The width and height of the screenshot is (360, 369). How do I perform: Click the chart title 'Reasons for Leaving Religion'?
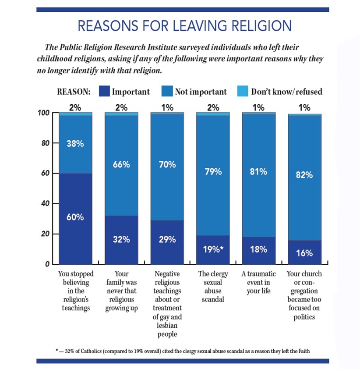(184, 26)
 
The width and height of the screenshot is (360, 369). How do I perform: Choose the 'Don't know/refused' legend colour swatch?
(243, 92)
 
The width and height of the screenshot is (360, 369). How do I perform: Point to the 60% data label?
(75, 218)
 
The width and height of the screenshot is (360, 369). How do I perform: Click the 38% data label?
(75, 143)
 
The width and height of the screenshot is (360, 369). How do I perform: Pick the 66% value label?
(121, 164)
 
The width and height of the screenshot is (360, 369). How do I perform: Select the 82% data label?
(304, 174)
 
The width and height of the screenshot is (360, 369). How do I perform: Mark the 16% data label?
(304, 253)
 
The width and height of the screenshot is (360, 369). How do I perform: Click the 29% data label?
(167, 240)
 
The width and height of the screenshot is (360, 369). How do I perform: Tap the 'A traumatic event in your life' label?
(259, 283)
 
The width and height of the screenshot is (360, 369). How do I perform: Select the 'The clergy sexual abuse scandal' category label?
(213, 287)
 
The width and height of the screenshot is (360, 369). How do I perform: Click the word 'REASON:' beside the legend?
(74, 92)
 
